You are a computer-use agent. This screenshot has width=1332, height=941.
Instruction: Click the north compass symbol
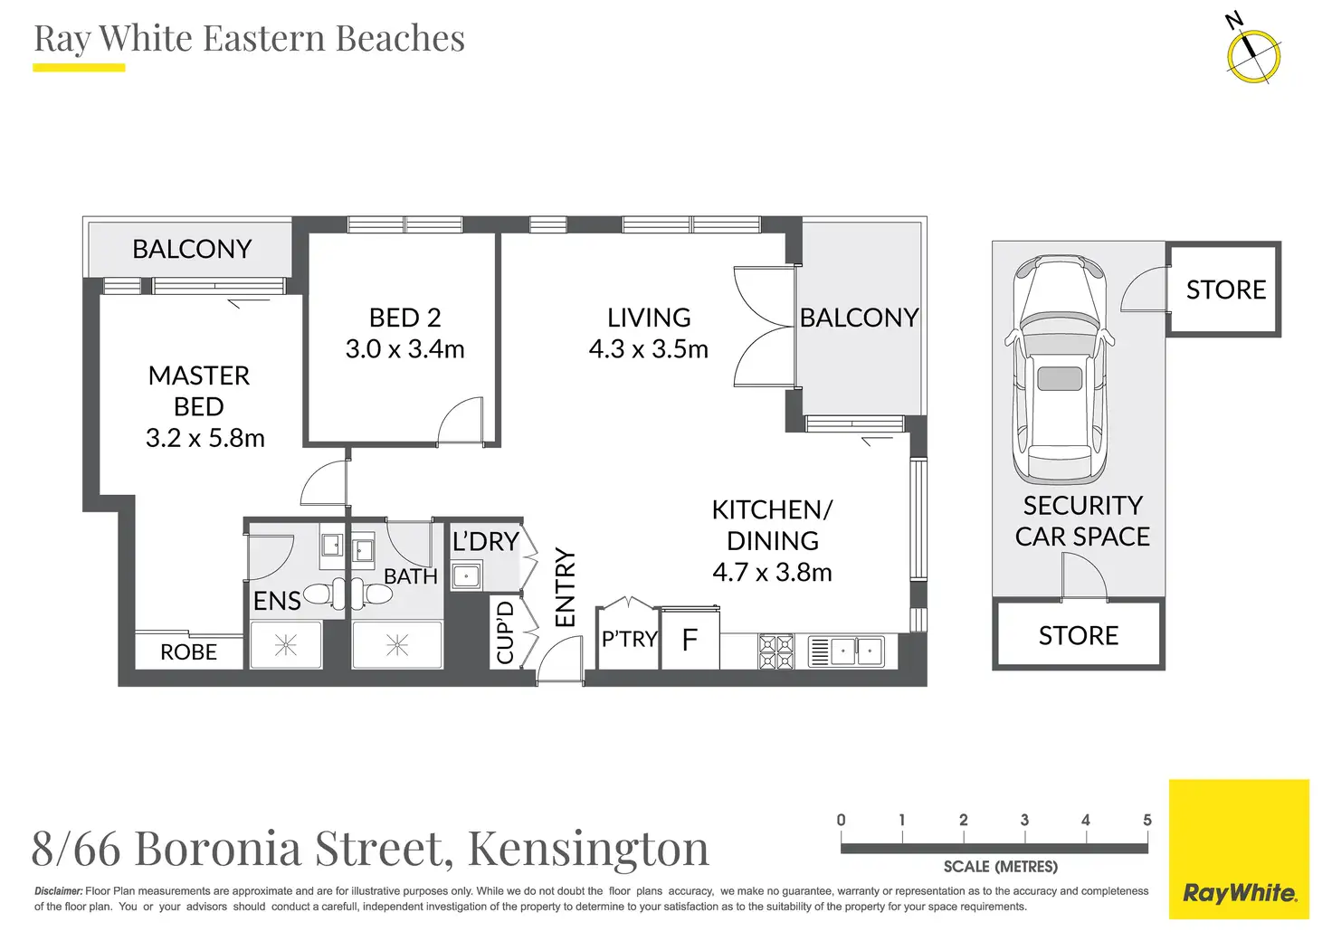[1253, 56]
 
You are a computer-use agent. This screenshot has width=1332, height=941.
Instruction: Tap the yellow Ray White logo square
[1239, 849]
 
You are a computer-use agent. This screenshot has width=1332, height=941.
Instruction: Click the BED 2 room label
[405, 318]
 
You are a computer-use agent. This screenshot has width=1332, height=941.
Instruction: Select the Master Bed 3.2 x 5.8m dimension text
[205, 438]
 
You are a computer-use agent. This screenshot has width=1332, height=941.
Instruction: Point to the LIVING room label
[649, 318]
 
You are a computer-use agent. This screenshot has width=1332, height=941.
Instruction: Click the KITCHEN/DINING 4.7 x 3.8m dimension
[773, 572]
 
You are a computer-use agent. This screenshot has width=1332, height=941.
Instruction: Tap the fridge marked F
[690, 639]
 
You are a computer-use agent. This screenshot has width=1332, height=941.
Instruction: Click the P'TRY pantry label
[629, 639]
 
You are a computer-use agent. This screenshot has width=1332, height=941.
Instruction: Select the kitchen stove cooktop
[776, 651]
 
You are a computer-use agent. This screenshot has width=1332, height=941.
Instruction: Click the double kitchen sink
[846, 651]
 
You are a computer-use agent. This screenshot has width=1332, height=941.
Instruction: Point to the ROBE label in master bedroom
[188, 652]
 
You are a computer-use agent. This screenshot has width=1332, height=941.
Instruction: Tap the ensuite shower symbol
[286, 645]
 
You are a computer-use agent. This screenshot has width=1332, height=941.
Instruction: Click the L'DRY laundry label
[486, 542]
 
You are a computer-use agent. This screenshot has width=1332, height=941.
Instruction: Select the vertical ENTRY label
[566, 586]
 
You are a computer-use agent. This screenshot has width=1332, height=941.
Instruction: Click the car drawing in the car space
[1060, 368]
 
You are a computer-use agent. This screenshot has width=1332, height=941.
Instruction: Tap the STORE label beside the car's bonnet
[1226, 290]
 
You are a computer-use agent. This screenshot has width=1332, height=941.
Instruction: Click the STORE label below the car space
[1079, 635]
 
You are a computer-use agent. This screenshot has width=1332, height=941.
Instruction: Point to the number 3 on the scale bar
[1024, 821]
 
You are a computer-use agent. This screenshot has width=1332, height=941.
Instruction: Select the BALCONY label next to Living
[860, 318]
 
